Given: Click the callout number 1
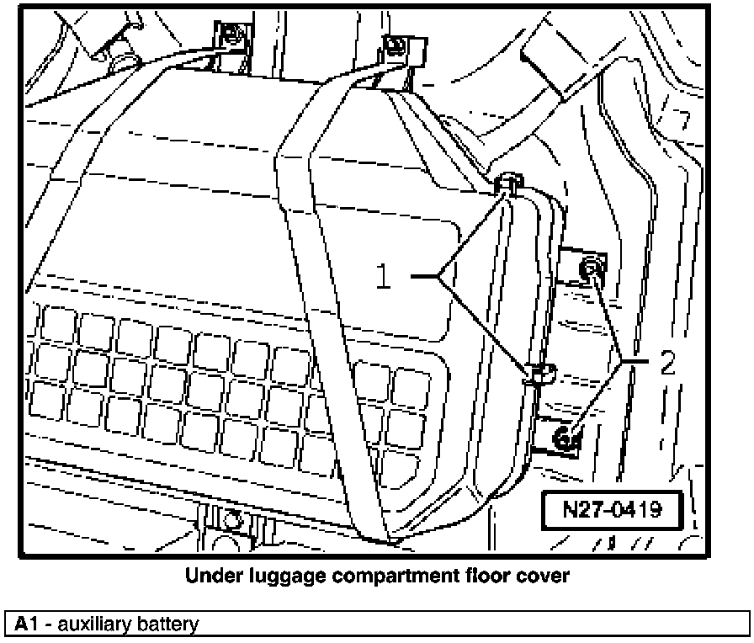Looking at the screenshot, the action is [x=384, y=277].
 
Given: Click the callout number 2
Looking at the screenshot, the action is [x=667, y=364].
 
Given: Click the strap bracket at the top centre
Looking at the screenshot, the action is [x=395, y=50].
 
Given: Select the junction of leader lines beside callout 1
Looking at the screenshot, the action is [x=439, y=275].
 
